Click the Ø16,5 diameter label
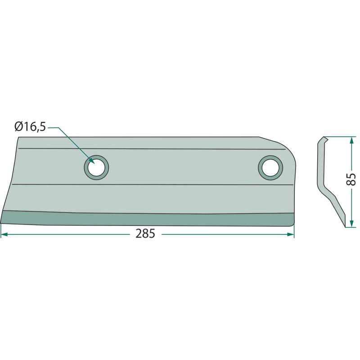[x=30, y=126]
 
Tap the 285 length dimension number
[x=145, y=234]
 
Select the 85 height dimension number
[x=351, y=179]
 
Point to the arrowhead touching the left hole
[x=92, y=161]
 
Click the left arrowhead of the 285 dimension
[x=4, y=234]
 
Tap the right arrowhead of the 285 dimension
[x=291, y=234]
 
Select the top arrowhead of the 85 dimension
[x=351, y=140]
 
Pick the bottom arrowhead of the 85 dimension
[x=351, y=224]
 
